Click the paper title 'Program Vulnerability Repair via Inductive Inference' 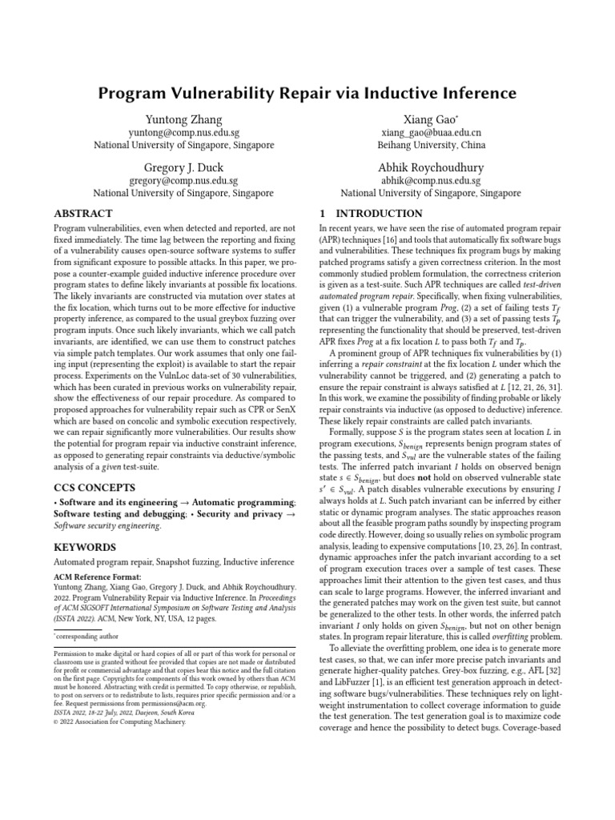tap(307, 94)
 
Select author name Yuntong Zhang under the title tap(183, 119)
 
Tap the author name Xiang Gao tap(430, 119)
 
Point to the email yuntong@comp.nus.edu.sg tap(183, 132)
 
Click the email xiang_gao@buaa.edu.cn tap(431, 132)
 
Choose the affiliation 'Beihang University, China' tap(431, 146)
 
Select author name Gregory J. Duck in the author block tap(183, 167)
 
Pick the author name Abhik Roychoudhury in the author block tap(431, 167)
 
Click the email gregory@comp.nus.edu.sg tap(183, 181)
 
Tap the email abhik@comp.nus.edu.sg tap(431, 181)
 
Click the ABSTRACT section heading tap(82, 215)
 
